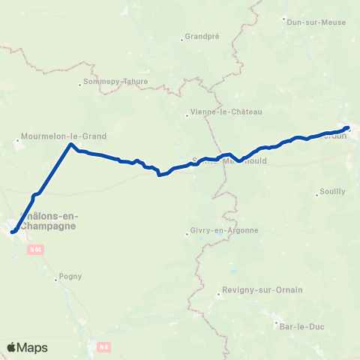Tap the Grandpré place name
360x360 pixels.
(x=202, y=35)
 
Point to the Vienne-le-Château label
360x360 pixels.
(x=227, y=112)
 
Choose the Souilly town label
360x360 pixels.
(x=332, y=191)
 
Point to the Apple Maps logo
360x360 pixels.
(x=27, y=347)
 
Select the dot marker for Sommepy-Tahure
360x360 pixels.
(x=80, y=84)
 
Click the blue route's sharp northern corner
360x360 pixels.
(x=71, y=144)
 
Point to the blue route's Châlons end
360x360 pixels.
(x=13, y=232)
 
